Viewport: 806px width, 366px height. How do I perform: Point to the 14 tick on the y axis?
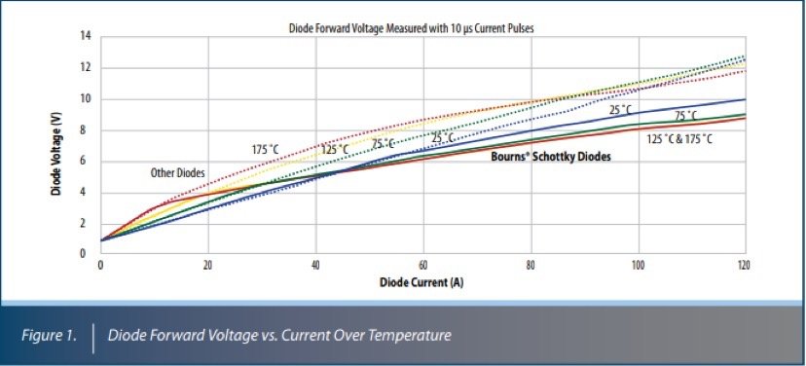coord(86,37)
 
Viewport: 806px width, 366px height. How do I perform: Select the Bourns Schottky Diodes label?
coord(551,157)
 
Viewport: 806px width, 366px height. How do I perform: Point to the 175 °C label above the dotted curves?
coord(266,149)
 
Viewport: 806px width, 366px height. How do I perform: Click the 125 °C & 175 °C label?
coord(679,139)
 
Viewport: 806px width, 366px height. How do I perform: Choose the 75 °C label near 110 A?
coord(687,116)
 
